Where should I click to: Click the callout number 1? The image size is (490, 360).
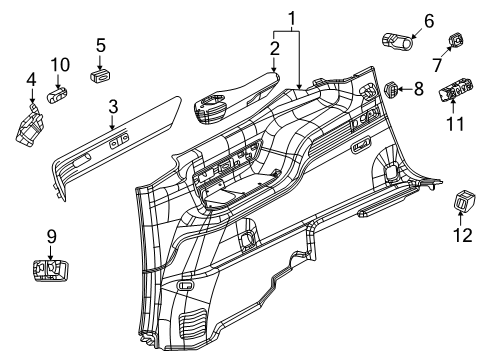291,17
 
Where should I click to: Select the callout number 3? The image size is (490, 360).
113,106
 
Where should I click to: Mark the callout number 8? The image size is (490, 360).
419,91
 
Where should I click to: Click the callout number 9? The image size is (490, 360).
50,237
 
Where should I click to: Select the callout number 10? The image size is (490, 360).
60,65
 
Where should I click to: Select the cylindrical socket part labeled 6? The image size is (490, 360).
397,41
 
